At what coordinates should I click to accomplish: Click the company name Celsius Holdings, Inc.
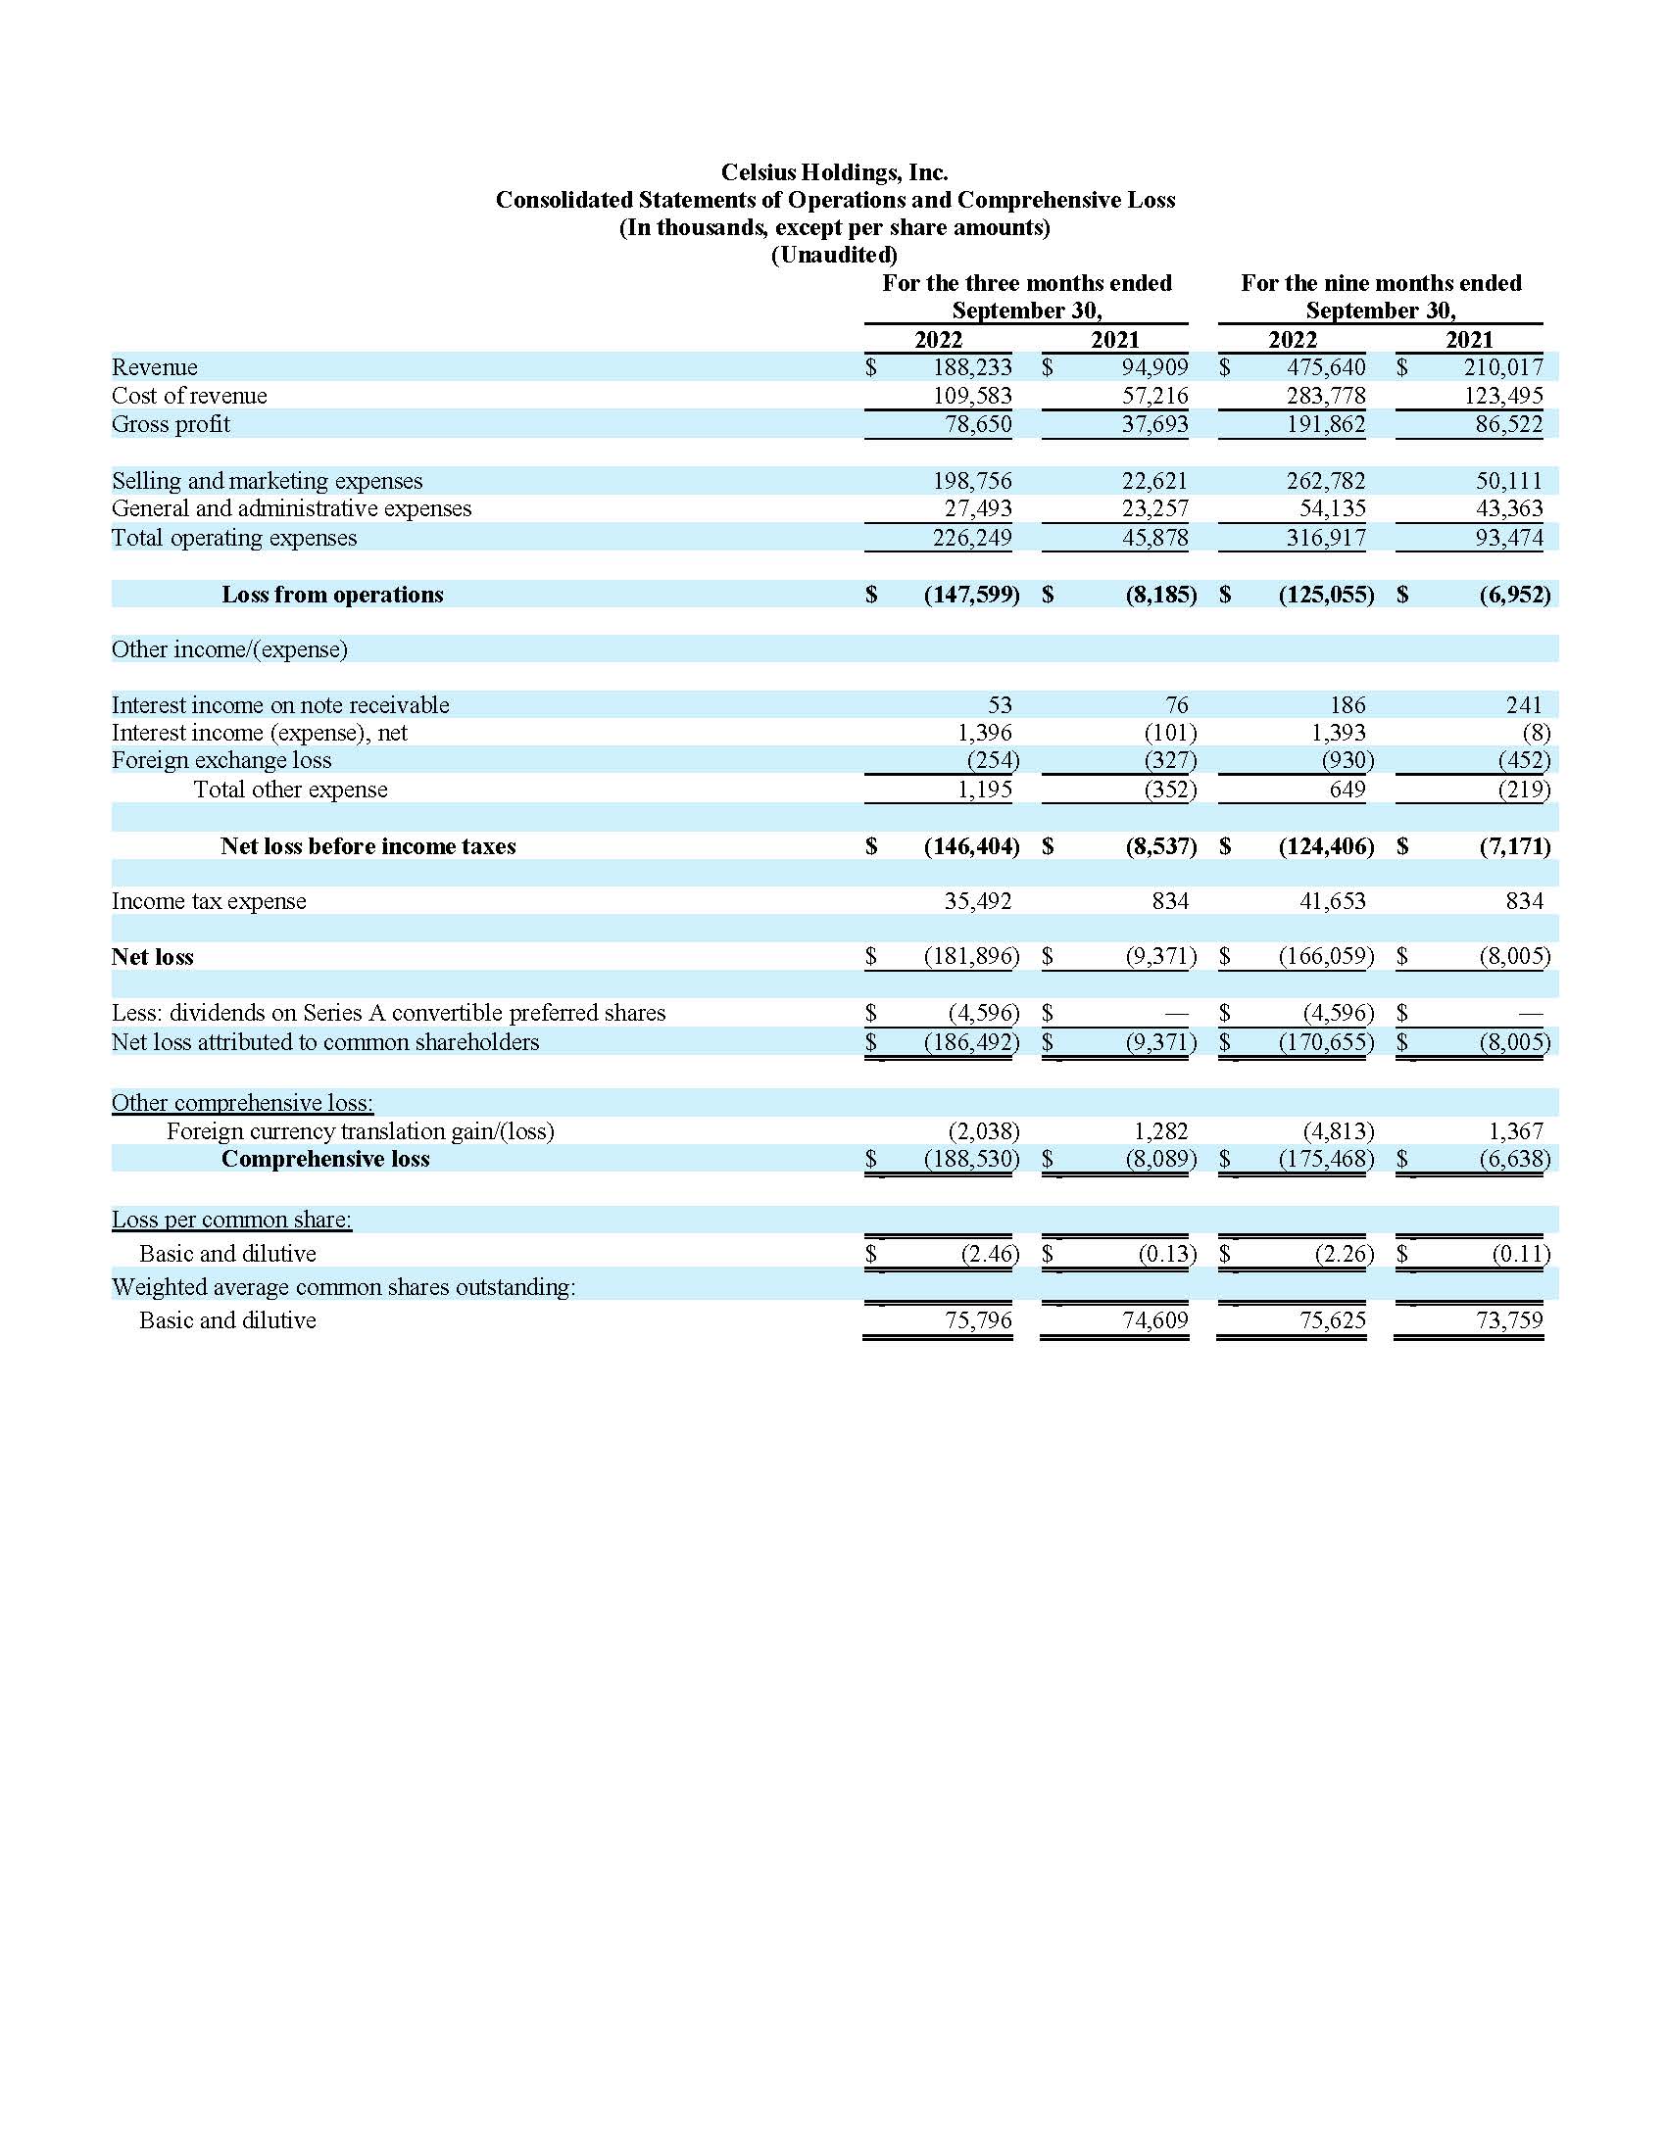click(x=834, y=172)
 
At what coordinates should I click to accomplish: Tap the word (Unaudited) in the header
click(x=834, y=255)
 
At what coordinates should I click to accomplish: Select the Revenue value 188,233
click(x=972, y=367)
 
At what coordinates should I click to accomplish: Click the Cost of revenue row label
click(x=189, y=396)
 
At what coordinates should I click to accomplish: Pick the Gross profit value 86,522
click(x=1503, y=424)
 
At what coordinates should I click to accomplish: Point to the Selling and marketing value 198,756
click(x=972, y=481)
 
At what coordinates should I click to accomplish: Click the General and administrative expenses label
click(x=291, y=508)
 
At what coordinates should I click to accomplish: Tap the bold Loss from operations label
click(x=332, y=594)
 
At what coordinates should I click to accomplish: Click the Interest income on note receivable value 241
click(x=1524, y=704)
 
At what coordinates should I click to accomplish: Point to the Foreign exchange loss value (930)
click(x=1347, y=760)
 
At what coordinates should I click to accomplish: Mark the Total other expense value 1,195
click(x=985, y=790)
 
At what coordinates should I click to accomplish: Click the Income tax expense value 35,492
click(x=977, y=901)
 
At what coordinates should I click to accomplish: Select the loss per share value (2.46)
click(x=989, y=1253)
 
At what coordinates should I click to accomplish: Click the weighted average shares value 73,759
click(x=1509, y=1320)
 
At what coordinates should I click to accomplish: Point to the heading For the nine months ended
click(x=1381, y=283)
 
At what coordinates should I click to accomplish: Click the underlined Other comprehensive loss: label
click(x=243, y=1102)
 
